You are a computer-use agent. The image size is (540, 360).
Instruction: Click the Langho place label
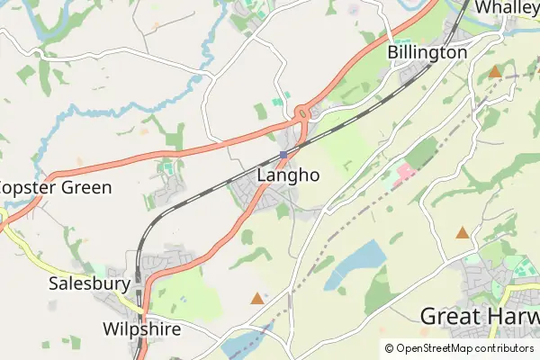coord(288,176)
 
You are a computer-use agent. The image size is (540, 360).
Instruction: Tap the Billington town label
coord(427,53)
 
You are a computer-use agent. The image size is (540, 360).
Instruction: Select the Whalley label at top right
coord(507,7)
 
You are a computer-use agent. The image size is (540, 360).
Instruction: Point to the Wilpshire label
coord(141,329)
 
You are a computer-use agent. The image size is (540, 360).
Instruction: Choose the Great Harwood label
coord(481,317)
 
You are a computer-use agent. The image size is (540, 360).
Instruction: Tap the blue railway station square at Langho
coord(283,155)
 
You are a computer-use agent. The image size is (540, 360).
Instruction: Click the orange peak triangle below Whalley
coord(494,71)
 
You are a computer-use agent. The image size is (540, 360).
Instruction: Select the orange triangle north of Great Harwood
coord(463,233)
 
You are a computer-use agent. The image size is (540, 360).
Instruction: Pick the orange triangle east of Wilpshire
coord(257,298)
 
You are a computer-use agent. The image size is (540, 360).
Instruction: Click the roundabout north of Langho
coord(301,113)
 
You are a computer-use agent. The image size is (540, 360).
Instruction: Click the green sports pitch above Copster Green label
coord(168,167)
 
